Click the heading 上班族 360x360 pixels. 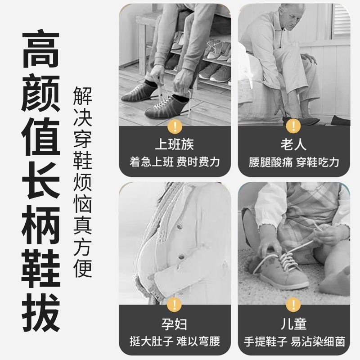point(175,144)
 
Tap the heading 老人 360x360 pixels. point(294,144)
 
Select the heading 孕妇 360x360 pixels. point(175,324)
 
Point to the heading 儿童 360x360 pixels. point(294,324)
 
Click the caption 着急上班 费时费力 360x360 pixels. point(175,162)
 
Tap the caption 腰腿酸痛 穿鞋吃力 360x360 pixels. point(294,162)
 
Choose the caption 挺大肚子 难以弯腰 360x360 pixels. point(175,341)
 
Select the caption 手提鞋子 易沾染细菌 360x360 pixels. point(294,341)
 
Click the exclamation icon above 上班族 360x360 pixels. point(175,126)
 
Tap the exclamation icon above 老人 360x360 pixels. point(293,126)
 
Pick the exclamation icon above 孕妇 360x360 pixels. point(175,305)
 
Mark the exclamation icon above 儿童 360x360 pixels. point(293,305)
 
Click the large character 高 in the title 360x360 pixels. point(41,49)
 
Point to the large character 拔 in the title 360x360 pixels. point(41,313)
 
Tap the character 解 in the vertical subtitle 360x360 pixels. point(83,96)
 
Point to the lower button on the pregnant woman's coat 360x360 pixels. point(181,256)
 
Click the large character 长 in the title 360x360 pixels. point(41,181)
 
